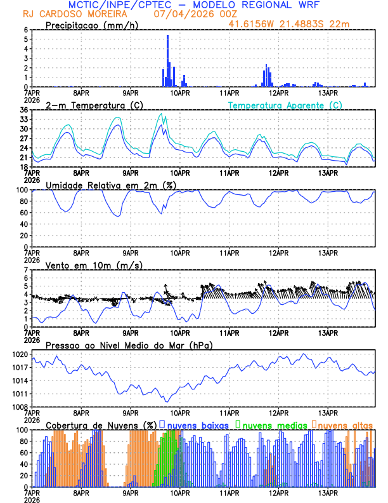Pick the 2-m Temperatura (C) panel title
tap(93, 105)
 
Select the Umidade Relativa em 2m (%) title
tap(110, 185)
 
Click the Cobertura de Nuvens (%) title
tap(101, 424)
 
